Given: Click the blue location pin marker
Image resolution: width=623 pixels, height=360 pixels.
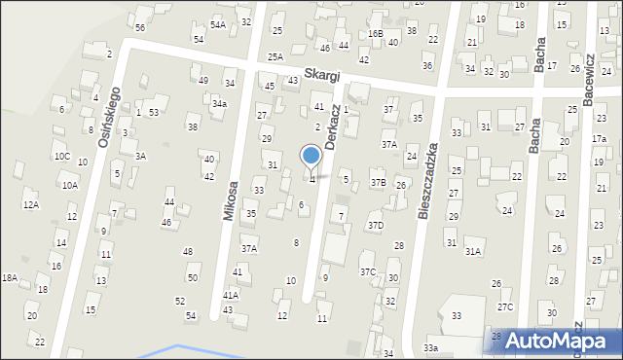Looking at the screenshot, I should pyautogui.click(x=311, y=157).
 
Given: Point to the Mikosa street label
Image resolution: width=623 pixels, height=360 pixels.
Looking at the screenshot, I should pyautogui.click(x=231, y=200).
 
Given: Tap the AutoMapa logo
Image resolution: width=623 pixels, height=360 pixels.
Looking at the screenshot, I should pyautogui.click(x=556, y=341).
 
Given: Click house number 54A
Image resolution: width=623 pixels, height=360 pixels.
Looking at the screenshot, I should pyautogui.click(x=218, y=24).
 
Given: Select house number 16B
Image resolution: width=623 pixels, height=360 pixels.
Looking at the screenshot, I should pyautogui.click(x=376, y=33).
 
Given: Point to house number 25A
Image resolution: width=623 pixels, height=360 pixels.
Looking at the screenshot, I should pyautogui.click(x=275, y=57).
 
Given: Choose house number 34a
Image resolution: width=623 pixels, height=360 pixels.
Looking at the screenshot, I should pyautogui.click(x=220, y=103).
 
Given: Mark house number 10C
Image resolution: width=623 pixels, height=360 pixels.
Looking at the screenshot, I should pyautogui.click(x=62, y=156).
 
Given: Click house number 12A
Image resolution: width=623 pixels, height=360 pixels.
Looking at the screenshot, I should pyautogui.click(x=31, y=204).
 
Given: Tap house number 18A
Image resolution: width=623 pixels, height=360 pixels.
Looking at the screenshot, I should pyautogui.click(x=10, y=277).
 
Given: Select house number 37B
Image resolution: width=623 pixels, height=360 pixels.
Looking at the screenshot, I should pyautogui.click(x=378, y=183).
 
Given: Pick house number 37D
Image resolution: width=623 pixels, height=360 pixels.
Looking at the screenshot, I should pyautogui.click(x=375, y=225).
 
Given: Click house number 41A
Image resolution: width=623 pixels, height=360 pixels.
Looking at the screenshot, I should pyautogui.click(x=231, y=294).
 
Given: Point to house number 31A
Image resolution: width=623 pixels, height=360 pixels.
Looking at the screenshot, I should pyautogui.click(x=473, y=251).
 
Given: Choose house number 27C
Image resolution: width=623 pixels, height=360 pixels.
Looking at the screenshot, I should pyautogui.click(x=504, y=307).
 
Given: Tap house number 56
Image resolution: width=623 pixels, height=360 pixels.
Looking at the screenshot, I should pyautogui.click(x=140, y=27).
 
